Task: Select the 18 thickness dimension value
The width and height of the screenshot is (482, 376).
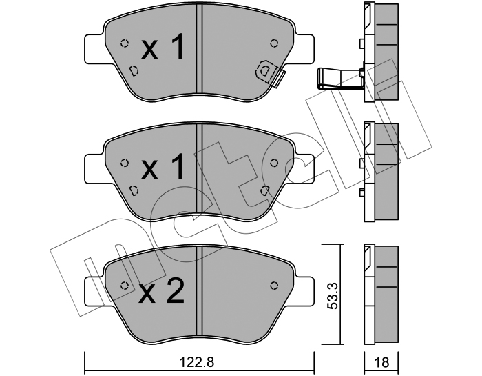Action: point(381,363)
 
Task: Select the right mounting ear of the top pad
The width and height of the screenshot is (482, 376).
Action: point(304,49)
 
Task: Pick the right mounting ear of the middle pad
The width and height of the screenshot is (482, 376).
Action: point(304,169)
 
